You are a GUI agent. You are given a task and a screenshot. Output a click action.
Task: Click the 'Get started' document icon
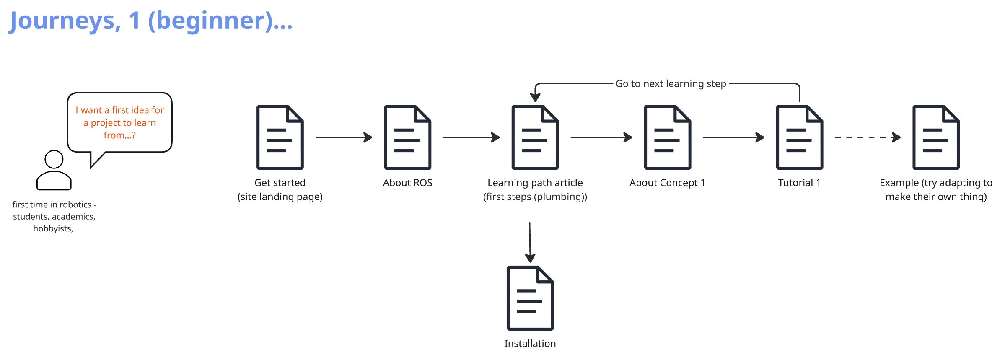[x=280, y=137]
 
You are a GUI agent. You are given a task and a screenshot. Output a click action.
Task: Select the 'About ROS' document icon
[x=407, y=137]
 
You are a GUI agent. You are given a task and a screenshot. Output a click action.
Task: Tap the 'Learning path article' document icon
[x=535, y=137]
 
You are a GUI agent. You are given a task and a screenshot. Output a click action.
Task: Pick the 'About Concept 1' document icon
[x=667, y=137]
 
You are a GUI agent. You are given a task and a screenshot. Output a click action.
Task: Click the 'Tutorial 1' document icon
[x=799, y=137]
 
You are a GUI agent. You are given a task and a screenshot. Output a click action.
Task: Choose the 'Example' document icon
[x=936, y=137]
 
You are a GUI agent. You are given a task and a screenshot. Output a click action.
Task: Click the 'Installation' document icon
[x=530, y=298]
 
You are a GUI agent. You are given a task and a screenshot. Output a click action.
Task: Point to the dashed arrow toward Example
[x=867, y=137]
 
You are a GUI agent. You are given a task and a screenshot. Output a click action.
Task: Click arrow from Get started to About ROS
[x=343, y=137]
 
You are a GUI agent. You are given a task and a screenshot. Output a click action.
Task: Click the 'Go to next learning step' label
[x=671, y=84]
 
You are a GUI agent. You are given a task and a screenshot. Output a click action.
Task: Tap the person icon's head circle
[x=54, y=159]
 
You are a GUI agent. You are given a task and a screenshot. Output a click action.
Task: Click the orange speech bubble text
[x=119, y=122]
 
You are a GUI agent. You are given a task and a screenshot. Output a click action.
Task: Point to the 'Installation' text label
[x=530, y=344]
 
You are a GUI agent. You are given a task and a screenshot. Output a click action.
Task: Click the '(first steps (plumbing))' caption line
[x=535, y=197]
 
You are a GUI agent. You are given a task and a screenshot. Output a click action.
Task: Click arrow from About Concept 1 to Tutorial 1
[x=733, y=137]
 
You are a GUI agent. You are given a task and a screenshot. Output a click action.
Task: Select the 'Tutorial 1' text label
[x=799, y=183]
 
